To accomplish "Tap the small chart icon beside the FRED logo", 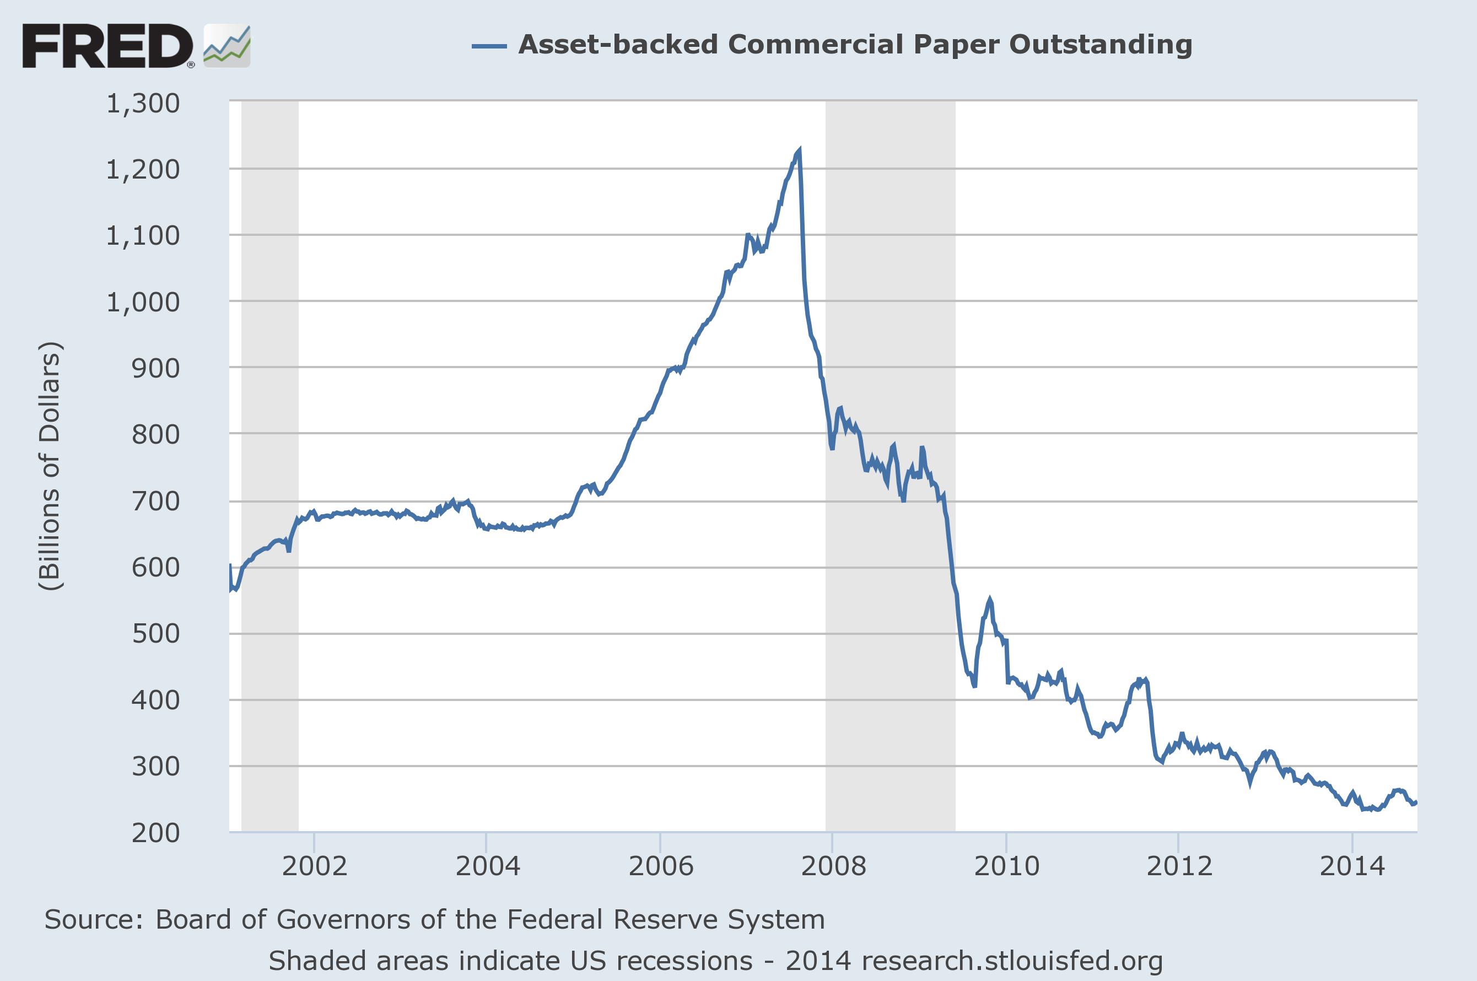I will click(x=227, y=46).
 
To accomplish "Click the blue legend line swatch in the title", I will click(x=489, y=45).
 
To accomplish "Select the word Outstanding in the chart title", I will click(x=1101, y=45).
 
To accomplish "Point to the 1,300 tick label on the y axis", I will click(x=143, y=103).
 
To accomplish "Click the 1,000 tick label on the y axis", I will click(x=143, y=302).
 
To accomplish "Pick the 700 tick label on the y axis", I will click(x=155, y=501).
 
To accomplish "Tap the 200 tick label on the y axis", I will click(x=155, y=833).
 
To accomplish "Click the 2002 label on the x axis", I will click(x=314, y=866).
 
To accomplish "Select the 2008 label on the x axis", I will click(x=833, y=866).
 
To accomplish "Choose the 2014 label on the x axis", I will click(x=1352, y=866).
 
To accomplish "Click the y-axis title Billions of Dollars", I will click(x=50, y=466).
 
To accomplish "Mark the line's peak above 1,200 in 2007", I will click(x=799, y=150).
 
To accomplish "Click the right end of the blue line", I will click(x=1416, y=802).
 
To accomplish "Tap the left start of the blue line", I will click(x=230, y=565).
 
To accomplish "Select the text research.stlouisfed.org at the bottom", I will click(x=1011, y=961).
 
